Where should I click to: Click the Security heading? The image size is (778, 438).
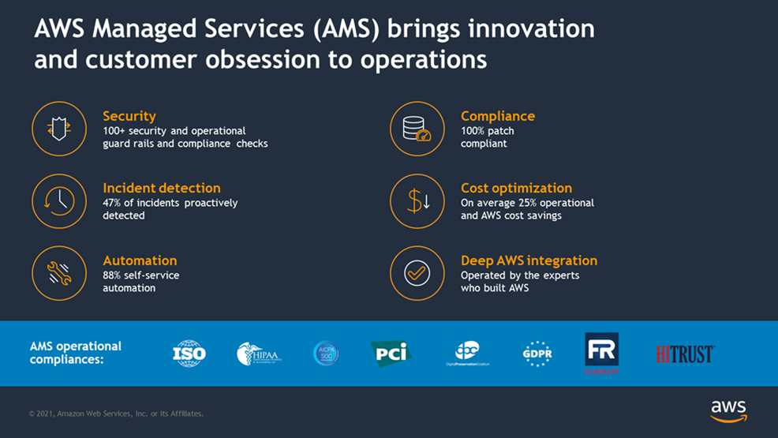tap(129, 116)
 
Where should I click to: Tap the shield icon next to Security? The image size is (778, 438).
tap(59, 129)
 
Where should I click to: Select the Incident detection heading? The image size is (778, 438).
tap(162, 188)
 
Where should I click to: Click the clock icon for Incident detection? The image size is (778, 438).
tap(59, 201)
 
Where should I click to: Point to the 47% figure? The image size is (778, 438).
tap(114, 203)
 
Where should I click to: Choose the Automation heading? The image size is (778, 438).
tap(140, 260)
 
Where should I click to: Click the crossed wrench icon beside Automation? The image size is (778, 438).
tap(59, 273)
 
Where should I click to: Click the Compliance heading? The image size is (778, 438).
tap(498, 116)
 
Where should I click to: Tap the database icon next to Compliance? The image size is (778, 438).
tap(417, 129)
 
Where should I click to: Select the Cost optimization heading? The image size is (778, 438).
tap(516, 188)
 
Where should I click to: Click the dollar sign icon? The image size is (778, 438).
tap(417, 201)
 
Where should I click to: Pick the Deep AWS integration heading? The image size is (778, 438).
tap(529, 260)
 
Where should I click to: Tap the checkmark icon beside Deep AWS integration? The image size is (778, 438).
tap(417, 273)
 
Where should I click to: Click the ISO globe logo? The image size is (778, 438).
tap(189, 353)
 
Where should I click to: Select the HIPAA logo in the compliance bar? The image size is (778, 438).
tap(259, 354)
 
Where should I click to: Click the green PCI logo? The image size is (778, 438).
tap(391, 352)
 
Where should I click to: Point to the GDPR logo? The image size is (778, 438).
tap(537, 354)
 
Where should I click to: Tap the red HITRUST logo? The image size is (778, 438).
tap(685, 354)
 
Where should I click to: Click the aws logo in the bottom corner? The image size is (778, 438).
tap(728, 410)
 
